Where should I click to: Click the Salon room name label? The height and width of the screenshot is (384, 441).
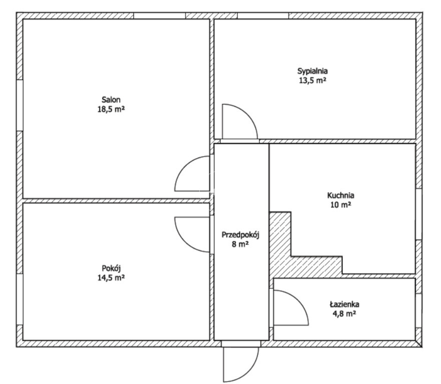(x=111, y=99)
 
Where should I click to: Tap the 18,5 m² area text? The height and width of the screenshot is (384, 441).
(x=111, y=109)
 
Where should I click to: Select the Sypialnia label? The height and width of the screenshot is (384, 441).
(x=312, y=71)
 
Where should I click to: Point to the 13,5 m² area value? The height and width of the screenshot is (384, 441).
(x=312, y=80)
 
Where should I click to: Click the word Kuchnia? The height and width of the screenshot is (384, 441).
(x=340, y=195)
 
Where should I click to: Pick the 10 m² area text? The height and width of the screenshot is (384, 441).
(x=340, y=205)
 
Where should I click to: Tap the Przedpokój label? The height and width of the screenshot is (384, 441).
(x=240, y=235)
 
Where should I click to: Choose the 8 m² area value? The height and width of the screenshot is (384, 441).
(x=240, y=244)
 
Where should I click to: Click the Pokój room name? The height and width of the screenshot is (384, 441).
(x=111, y=268)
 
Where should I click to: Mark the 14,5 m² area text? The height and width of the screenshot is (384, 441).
(x=111, y=278)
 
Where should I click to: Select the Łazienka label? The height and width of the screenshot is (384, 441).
(x=344, y=304)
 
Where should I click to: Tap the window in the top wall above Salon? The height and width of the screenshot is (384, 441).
(x=160, y=15)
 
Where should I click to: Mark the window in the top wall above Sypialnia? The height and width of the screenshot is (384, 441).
(x=263, y=15)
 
